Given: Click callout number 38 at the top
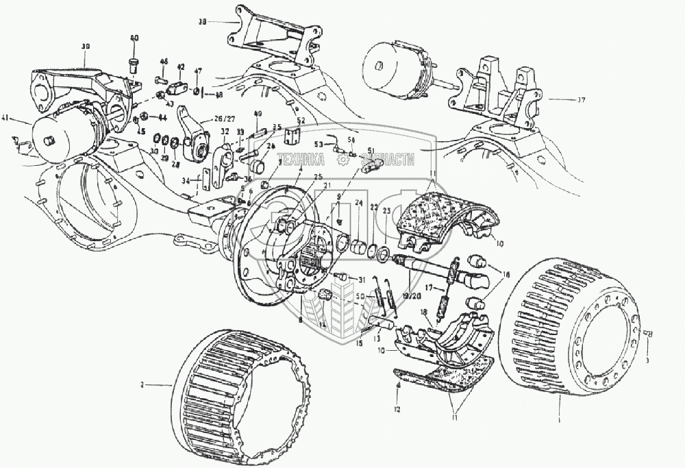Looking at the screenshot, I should [202, 22].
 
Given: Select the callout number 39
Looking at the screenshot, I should [86, 46].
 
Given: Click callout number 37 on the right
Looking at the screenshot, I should [581, 99].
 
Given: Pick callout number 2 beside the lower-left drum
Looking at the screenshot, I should [142, 386].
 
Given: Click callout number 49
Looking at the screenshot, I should [258, 114].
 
